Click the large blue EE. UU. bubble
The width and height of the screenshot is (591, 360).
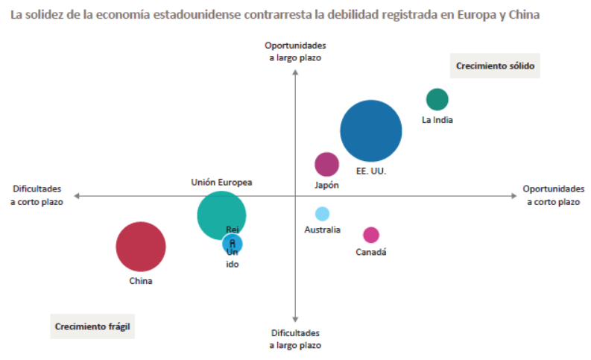click(371, 131)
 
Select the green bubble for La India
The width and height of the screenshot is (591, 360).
click(437, 99)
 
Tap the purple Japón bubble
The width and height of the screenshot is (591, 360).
click(326, 164)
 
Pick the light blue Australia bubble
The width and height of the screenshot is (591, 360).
click(322, 214)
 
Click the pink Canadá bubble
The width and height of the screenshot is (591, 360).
click(371, 235)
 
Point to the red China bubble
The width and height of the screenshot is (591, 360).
click(140, 247)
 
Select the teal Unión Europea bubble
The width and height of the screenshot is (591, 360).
click(218, 212)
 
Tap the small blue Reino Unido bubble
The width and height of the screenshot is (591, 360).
click(233, 243)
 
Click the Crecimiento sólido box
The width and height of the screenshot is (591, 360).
click(496, 66)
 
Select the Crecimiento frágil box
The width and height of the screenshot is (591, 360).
click(92, 326)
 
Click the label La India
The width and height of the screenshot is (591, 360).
click(437, 119)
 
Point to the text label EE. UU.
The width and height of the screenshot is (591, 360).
click(370, 171)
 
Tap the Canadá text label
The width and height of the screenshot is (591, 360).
click(370, 252)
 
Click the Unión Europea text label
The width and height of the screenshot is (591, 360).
click(221, 182)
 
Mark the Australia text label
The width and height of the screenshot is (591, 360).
click(322, 230)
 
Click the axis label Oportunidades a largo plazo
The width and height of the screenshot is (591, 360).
click(295, 51)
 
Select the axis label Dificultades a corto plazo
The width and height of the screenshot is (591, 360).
click(37, 195)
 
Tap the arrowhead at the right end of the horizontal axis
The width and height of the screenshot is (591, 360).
click(513, 195)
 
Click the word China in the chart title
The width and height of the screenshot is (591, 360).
click(525, 14)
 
